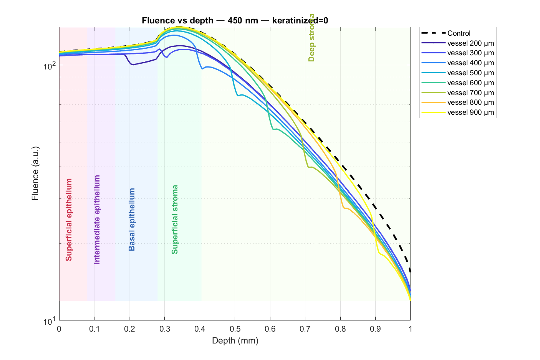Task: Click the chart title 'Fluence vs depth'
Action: pos(235,20)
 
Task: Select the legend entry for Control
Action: pos(459,33)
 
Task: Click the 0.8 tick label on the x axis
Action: pos(340,329)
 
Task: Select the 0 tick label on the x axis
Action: pos(59,329)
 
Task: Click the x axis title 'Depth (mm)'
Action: pos(235,340)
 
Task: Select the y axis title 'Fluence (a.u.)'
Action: pos(35,173)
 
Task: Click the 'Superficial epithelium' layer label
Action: pos(69,220)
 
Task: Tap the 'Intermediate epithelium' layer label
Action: pos(97,220)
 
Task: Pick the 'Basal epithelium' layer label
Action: pos(132,220)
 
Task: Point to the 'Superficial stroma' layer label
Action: pos(175,220)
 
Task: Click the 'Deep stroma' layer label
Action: pos(312,38)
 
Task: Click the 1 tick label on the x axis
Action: pos(410,329)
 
